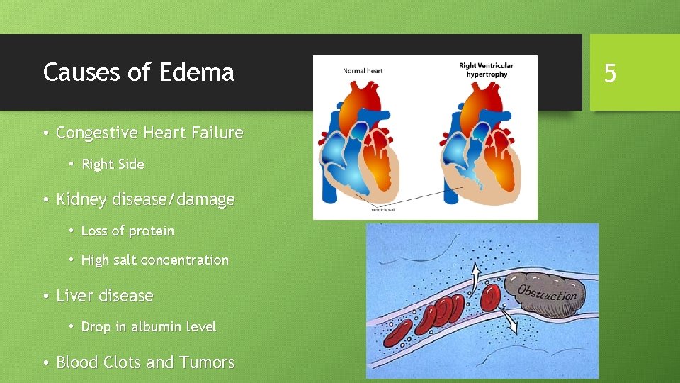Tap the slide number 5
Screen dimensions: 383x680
pos(610,73)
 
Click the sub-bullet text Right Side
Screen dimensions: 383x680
pos(113,165)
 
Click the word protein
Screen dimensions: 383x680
pos(151,231)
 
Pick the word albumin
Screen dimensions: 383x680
pos(154,327)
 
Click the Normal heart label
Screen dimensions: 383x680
pos(363,71)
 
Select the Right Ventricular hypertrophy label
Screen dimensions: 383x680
pos(486,70)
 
